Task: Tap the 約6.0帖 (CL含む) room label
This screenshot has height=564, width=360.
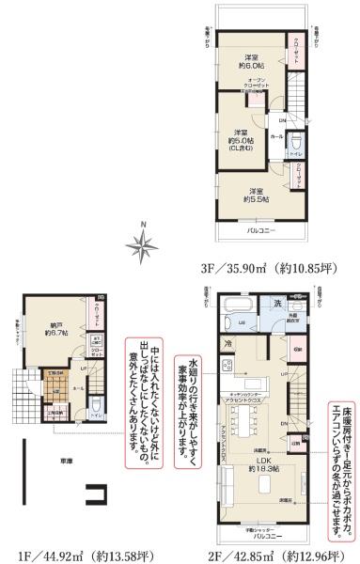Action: pyautogui.click(x=243, y=137)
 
